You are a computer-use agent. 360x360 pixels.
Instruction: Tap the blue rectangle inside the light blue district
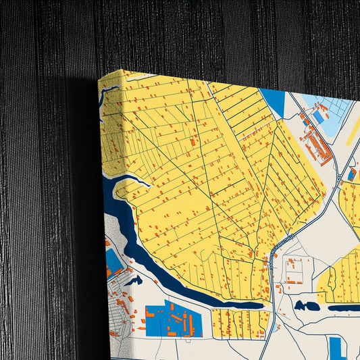(318, 117)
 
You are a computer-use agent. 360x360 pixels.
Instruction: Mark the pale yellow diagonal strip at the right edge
(352, 132)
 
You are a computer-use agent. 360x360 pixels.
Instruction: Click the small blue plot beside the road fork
(352, 174)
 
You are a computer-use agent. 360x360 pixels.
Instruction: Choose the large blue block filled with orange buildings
(173, 319)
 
